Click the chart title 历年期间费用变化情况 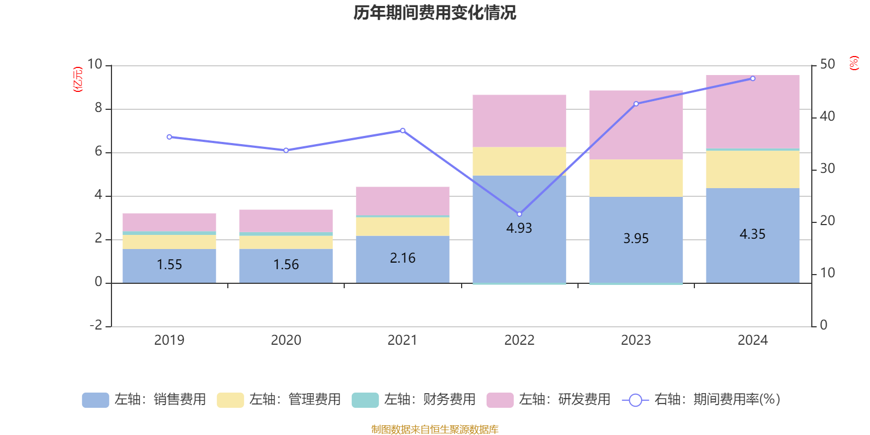pos(434,13)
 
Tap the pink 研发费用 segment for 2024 pos(753,111)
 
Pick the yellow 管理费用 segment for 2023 pos(636,178)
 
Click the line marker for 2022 pos(519,214)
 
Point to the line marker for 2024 pos(753,78)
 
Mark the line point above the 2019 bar pos(169,137)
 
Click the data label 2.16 pos(402,258)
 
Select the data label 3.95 pos(636,239)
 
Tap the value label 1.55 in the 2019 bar pos(169,265)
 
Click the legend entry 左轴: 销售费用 pos(144,400)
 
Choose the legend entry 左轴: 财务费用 pos(414,400)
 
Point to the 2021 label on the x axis pos(402,340)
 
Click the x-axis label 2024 pos(753,340)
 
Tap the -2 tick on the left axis pos(96,325)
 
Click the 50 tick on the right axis pos(827,64)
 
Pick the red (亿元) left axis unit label pos(78,79)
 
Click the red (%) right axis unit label pos(854,63)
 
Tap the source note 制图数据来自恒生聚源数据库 pos(434,430)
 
